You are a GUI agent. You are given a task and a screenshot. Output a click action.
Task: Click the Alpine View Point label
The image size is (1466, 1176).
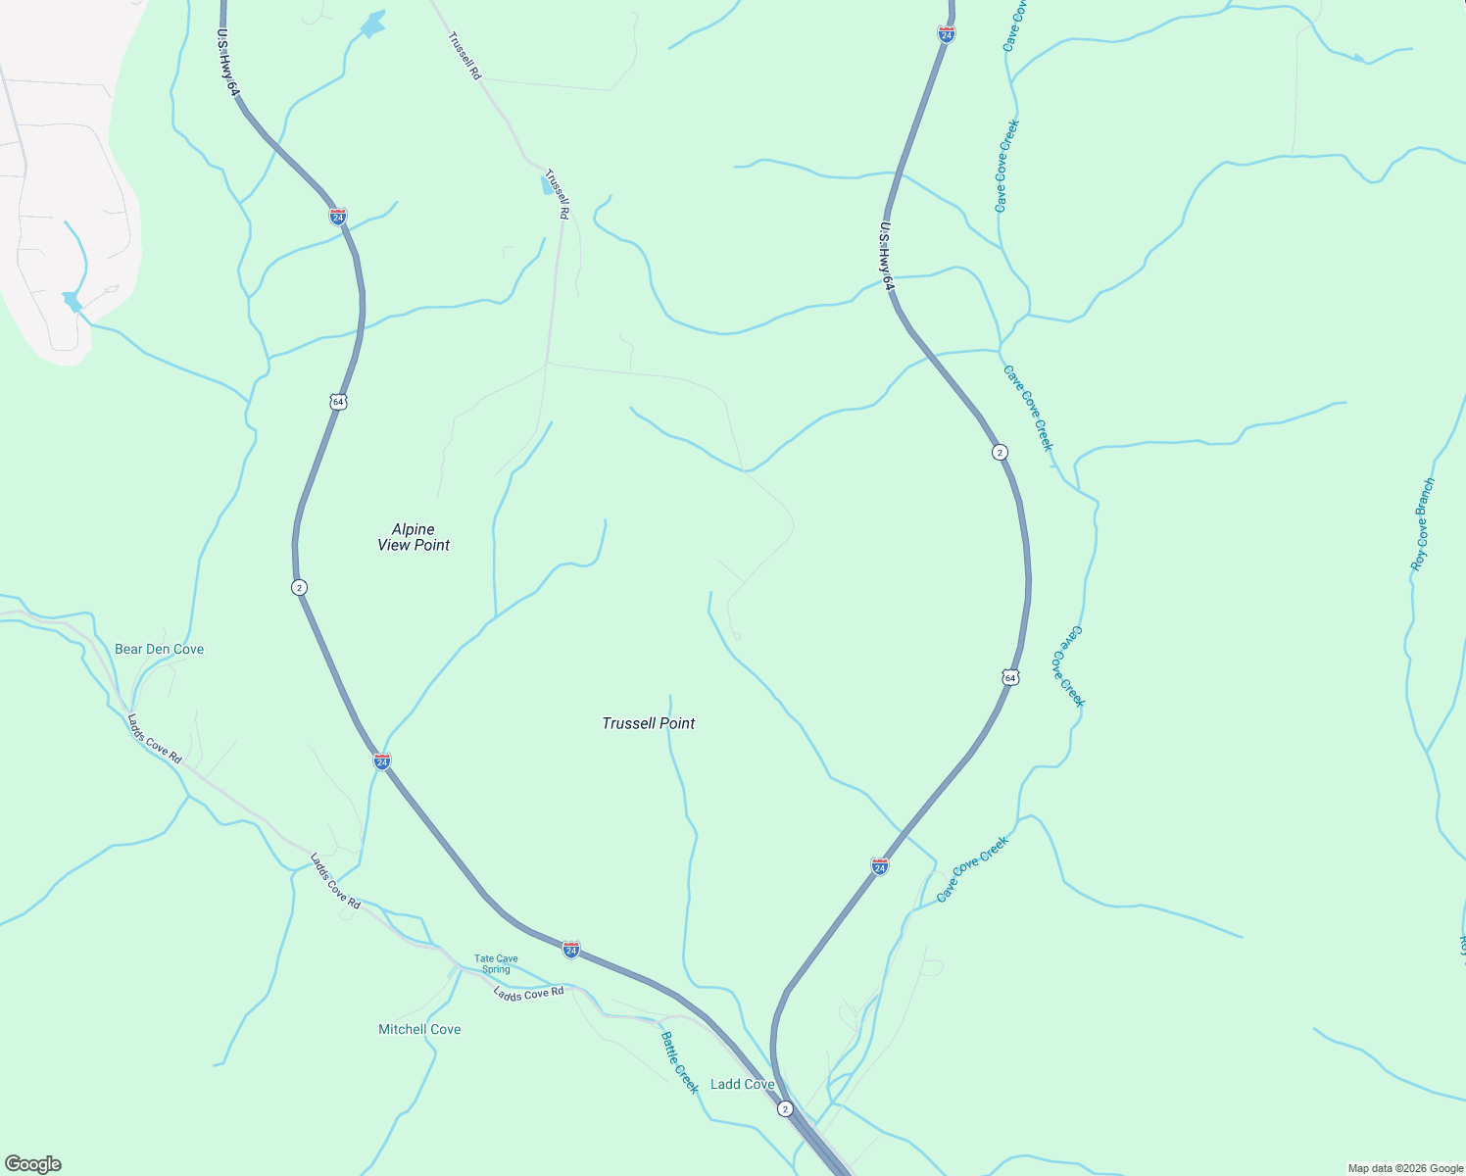[x=414, y=537]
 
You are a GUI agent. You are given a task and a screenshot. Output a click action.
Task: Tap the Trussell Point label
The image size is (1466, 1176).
[x=648, y=723]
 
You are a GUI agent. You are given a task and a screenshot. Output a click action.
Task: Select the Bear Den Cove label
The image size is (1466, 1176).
[x=159, y=649]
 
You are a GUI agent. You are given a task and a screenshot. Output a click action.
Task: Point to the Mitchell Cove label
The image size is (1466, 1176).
[x=419, y=1029]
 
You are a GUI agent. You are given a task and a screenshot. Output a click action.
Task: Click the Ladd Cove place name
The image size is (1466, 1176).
[x=742, y=1084]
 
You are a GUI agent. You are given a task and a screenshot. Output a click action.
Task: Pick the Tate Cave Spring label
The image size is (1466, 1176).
[x=496, y=964]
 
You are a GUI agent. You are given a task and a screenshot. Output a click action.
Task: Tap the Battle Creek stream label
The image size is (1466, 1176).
[x=679, y=1062]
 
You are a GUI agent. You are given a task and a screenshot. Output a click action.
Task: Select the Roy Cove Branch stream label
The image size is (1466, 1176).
[x=1422, y=524]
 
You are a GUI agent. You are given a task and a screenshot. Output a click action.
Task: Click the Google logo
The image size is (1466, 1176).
[x=33, y=1164]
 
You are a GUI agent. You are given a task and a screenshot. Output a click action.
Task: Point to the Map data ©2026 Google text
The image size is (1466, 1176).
[x=1404, y=1168]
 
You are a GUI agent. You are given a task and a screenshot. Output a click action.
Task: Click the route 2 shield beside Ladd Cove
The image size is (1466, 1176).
[x=785, y=1108]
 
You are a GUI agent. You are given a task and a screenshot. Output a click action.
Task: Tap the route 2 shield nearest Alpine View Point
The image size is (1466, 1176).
[x=299, y=587]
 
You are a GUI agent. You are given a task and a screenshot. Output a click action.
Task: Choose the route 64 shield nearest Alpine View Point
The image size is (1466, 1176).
[x=338, y=402]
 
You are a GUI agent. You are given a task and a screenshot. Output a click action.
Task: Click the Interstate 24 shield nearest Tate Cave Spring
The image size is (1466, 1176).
[x=571, y=949]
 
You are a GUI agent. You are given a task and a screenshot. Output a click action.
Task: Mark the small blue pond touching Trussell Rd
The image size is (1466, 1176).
[x=547, y=184]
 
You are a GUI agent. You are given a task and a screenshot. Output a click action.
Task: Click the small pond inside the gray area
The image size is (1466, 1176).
[x=71, y=301]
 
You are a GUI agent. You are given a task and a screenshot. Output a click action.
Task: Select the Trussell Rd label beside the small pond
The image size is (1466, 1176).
[x=557, y=193]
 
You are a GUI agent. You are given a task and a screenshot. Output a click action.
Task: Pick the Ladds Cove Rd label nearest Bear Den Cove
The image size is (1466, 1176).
[x=154, y=738]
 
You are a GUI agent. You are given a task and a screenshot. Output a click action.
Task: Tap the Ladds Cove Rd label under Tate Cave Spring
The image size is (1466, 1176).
[x=528, y=993]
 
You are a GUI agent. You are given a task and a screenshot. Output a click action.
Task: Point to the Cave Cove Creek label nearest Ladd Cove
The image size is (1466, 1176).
[x=972, y=869]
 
